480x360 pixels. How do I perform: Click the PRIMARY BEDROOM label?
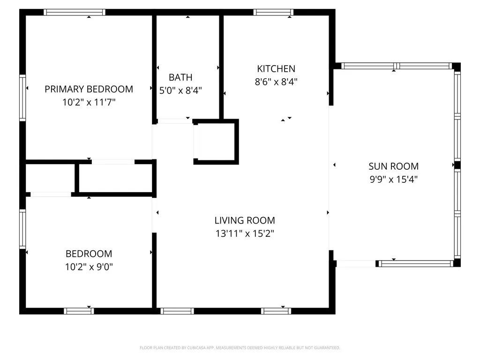tap(89, 89)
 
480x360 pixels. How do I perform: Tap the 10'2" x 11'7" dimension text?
tap(89, 102)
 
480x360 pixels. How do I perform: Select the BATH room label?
tap(180, 77)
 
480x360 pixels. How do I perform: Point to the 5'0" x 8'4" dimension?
tap(180, 90)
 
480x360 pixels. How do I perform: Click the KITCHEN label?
tap(276, 69)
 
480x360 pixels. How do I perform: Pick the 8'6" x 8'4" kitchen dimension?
tap(276, 82)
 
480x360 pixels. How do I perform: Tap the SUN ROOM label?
tap(393, 166)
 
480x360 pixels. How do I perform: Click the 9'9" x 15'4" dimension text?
tap(393, 180)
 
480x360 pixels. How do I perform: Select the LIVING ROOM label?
tap(245, 220)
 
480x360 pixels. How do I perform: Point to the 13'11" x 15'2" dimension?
tap(245, 233)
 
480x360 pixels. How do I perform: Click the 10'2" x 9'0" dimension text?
tap(89, 267)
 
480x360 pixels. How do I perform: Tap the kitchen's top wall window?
tap(273, 12)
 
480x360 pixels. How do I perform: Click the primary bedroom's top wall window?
tap(75, 12)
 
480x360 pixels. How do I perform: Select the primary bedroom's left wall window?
tap(22, 97)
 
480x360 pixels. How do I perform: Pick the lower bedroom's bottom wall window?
tap(79, 311)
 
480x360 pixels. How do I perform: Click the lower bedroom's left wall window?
tap(22, 229)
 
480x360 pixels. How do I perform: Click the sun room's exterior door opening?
tap(356, 263)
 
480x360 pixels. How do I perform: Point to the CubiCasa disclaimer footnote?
tap(240, 348)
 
